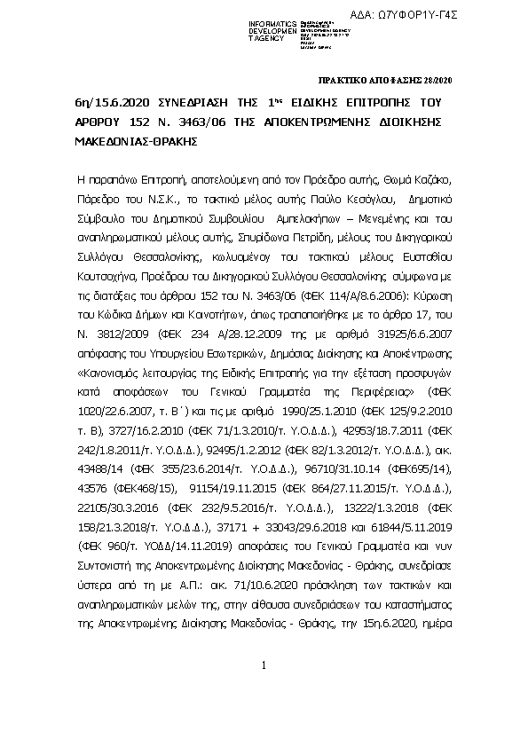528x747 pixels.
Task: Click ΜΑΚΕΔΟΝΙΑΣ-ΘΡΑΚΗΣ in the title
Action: click(x=130, y=140)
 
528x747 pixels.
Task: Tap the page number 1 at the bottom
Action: click(x=264, y=665)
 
